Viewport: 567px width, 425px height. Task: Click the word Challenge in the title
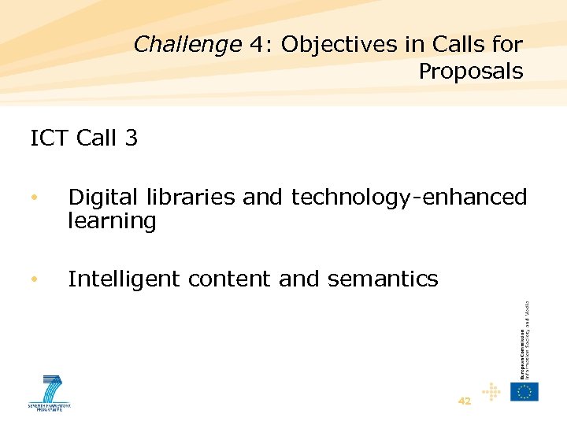187,45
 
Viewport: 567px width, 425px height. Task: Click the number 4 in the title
257,45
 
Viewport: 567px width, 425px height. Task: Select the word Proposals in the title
470,72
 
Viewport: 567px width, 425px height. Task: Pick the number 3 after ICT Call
131,139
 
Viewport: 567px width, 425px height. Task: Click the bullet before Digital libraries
33,198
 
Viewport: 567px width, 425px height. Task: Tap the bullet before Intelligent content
33,279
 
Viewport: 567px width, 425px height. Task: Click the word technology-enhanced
409,198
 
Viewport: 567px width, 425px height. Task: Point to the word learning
112,221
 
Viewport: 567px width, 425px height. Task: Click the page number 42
465,401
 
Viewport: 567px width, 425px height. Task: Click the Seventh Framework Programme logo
50,392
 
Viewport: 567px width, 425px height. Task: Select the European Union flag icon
524,391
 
